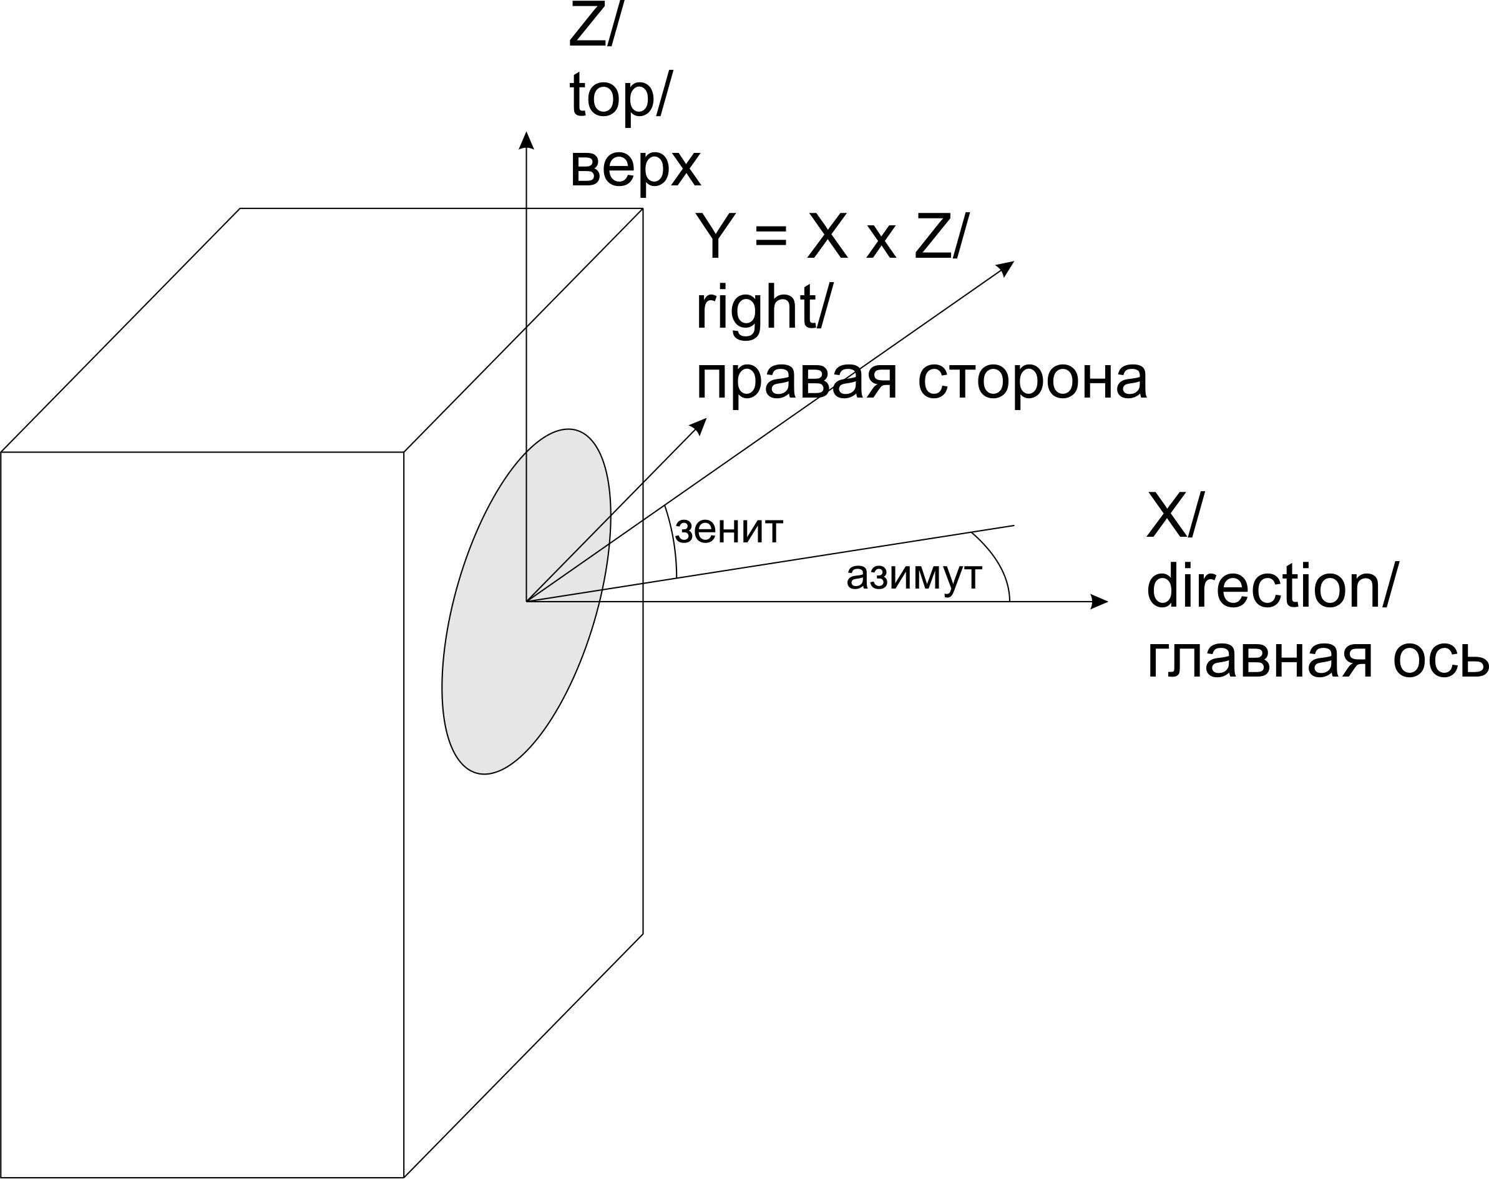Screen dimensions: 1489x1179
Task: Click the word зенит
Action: [x=729, y=530]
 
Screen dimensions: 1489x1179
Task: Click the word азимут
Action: [x=914, y=575]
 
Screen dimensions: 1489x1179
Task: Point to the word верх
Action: [x=635, y=168]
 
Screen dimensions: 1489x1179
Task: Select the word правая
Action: [x=796, y=380]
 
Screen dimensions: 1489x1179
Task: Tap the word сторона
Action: [x=1032, y=379]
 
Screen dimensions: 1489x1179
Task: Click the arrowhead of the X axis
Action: [x=1098, y=601]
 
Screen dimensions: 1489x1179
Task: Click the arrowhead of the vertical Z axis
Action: [x=527, y=140]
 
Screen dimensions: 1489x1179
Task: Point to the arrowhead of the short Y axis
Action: [x=700, y=426]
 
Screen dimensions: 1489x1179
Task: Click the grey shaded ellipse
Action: [x=526, y=601]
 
